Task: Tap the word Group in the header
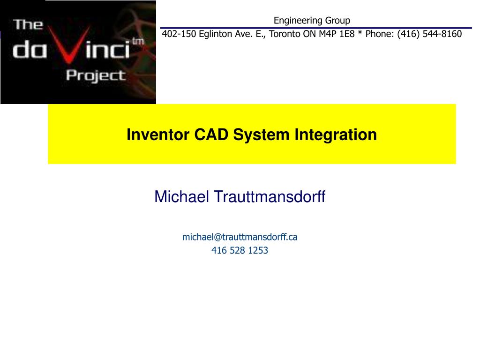(336, 20)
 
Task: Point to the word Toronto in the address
(285, 34)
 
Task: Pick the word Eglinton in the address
(215, 34)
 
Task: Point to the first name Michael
(182, 197)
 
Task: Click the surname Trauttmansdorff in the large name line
(269, 197)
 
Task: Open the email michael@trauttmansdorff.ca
(240, 237)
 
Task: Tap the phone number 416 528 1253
(240, 250)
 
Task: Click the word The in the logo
(29, 24)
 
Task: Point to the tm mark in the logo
(138, 41)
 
